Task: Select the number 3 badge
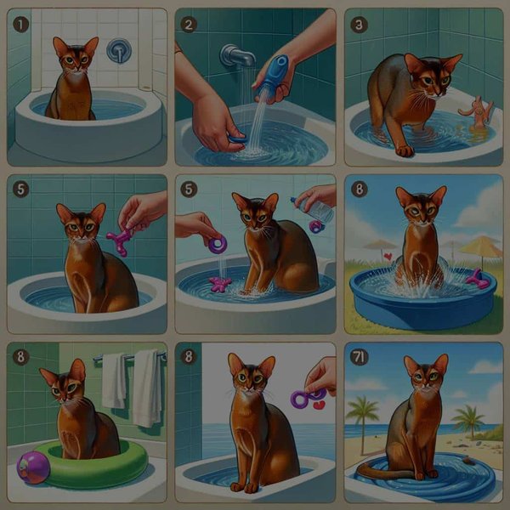coord(360,25)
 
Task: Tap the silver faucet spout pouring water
coord(236,58)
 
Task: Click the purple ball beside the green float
coord(32,467)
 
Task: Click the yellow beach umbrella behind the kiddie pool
coord(481,249)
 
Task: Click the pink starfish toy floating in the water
coord(220,284)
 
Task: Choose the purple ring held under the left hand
coord(218,245)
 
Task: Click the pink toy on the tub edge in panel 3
coord(478,113)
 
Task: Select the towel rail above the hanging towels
coord(129,355)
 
